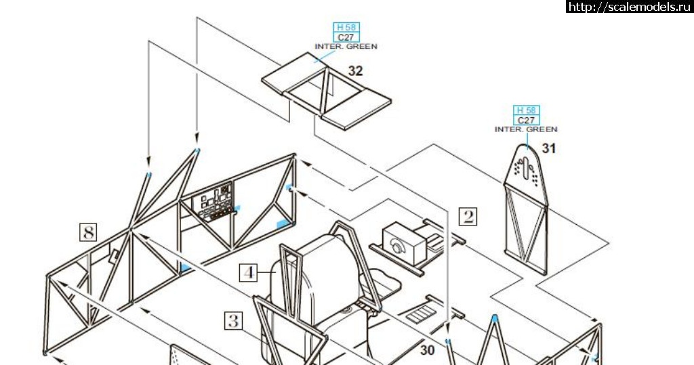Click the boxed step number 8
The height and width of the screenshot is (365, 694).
pos(88,232)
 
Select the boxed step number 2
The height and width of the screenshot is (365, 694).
pos(468,216)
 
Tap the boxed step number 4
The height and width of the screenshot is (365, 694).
pos(250,273)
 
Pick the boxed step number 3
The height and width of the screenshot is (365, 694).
pos(233,320)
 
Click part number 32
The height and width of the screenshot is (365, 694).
pos(356,70)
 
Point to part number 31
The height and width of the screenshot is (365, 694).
pos(548,148)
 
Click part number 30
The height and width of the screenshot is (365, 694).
pos(427,350)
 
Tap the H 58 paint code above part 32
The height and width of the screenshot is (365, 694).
pos(346,27)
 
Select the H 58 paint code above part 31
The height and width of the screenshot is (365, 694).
pos(526,110)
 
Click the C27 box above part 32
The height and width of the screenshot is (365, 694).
pos(346,37)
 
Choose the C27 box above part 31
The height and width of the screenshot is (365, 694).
pos(526,120)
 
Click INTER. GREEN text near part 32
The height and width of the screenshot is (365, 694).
pos(346,46)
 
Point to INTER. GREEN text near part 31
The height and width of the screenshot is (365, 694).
pos(526,129)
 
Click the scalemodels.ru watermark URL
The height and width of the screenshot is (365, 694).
pos(629,7)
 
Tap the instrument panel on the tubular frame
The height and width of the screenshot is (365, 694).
pos(216,201)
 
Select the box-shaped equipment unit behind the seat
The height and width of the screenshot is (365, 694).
pos(401,241)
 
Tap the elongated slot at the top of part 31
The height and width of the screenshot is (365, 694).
pos(526,164)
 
